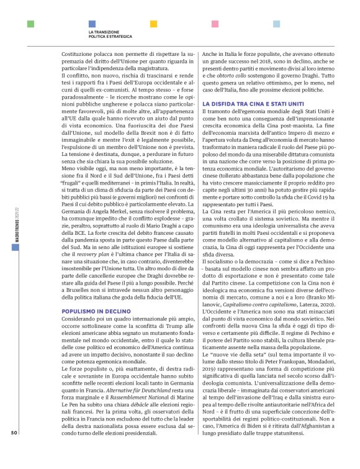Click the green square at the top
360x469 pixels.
click(x=30, y=24)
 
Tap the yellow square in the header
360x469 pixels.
click(x=154, y=24)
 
